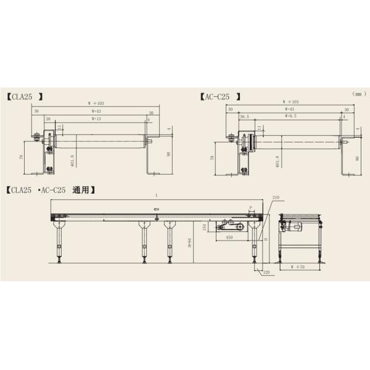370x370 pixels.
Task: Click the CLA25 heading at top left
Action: coord(26,97)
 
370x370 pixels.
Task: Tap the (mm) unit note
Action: coord(359,94)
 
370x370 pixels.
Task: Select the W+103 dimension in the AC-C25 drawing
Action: coord(290,102)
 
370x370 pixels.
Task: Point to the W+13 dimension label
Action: coord(97,118)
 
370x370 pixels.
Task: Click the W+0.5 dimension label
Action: coord(290,115)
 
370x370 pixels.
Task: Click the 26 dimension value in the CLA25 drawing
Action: coord(47,118)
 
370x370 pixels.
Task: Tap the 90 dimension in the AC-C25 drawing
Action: coord(357,158)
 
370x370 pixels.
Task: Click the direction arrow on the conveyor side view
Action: coord(157,209)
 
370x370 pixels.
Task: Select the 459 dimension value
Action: coord(229,237)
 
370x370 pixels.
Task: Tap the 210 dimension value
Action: coord(275,197)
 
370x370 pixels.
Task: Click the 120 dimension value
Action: coord(266,271)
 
